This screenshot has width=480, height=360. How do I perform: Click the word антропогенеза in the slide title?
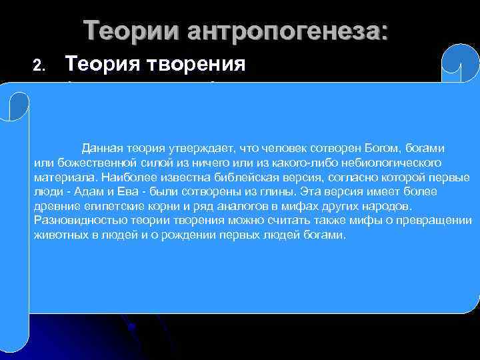point(287,31)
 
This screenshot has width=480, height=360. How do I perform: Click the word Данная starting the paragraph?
point(101,147)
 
